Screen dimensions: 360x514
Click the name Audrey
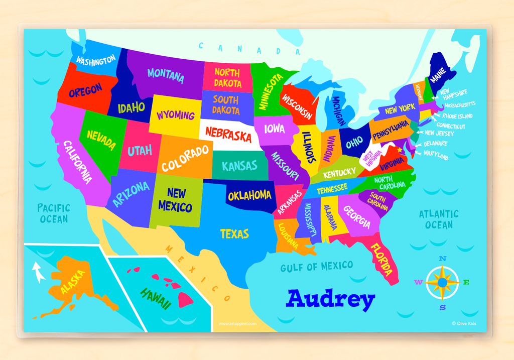tap(330, 299)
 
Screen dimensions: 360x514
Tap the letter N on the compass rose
tap(442, 259)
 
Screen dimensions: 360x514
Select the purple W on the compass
tap(418, 282)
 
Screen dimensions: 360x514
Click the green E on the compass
tap(466, 282)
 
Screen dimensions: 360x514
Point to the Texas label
tap(234, 234)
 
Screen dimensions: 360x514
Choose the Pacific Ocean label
tap(54, 213)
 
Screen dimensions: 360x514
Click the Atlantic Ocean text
tap(439, 219)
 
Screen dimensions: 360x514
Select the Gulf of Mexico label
tap(316, 266)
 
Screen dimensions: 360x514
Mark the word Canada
tap(249, 49)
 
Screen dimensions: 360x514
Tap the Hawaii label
tap(156, 298)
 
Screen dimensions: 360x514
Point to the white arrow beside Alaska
tap(39, 273)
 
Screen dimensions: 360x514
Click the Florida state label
tap(381, 260)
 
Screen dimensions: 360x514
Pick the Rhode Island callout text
tap(457, 116)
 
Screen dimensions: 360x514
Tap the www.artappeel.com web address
tap(237, 324)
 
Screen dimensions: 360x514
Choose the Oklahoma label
tap(249, 196)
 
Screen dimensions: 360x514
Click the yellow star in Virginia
tap(400, 150)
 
